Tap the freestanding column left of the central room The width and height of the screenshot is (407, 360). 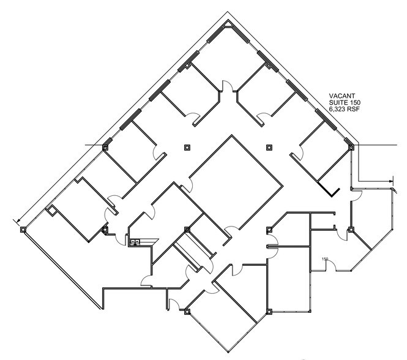(x=187, y=147)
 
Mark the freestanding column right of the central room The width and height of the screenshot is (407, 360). (x=269, y=147)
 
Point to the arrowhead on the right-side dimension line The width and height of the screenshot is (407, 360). (x=390, y=181)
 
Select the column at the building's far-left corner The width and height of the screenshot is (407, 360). (x=23, y=230)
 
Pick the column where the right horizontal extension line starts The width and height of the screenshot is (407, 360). (x=350, y=147)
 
